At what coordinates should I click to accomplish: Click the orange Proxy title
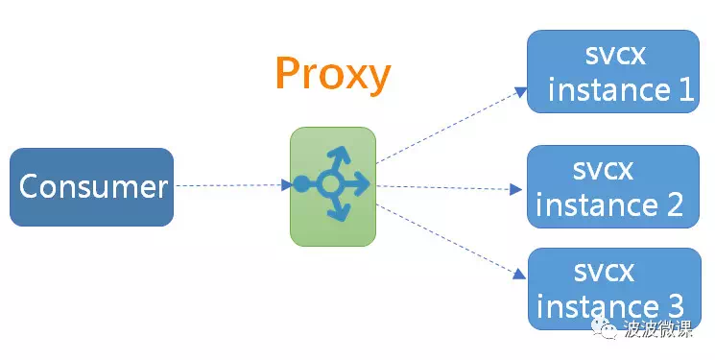(333, 74)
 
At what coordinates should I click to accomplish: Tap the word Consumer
(93, 186)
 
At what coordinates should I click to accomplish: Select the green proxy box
(333, 186)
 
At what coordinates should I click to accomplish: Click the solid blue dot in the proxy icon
(301, 184)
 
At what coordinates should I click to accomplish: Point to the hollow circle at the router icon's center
(330, 184)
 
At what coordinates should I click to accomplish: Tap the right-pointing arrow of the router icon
(355, 184)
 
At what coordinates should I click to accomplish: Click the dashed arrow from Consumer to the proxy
(233, 185)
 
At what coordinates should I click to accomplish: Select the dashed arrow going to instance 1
(451, 125)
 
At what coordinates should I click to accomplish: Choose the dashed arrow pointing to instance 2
(449, 187)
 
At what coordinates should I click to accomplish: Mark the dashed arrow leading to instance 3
(450, 241)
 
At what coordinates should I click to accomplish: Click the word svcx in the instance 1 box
(615, 55)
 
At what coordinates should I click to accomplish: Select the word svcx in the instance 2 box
(603, 170)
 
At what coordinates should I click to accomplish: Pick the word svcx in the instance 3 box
(604, 273)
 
